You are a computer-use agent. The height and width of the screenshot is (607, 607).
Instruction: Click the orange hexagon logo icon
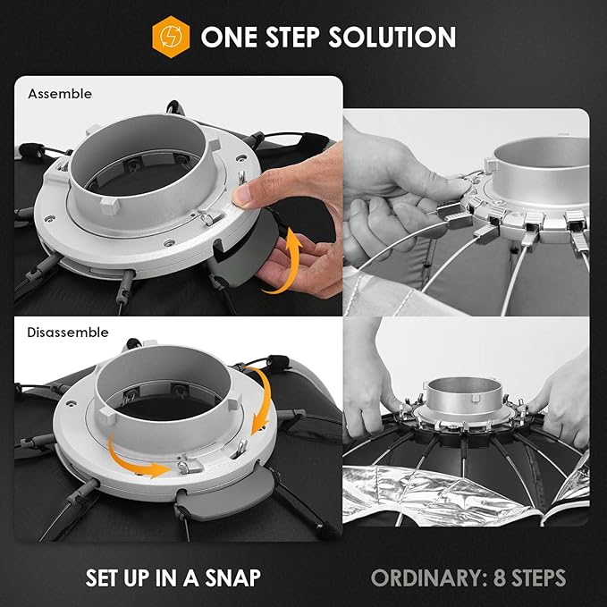coord(171,37)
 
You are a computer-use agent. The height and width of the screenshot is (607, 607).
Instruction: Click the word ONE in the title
coord(229,38)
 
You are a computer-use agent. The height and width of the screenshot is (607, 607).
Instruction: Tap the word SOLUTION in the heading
coord(392,38)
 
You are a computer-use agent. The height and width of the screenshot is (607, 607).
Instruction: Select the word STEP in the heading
coord(292,38)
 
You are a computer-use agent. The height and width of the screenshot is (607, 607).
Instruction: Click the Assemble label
coord(60,94)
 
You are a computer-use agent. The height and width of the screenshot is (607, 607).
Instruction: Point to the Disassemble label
coord(68,333)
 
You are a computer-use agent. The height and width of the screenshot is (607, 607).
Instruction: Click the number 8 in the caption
coord(500,578)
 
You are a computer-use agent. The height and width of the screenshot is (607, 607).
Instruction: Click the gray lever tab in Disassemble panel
coord(224,493)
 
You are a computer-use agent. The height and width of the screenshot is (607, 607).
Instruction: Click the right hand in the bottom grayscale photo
coord(561,402)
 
